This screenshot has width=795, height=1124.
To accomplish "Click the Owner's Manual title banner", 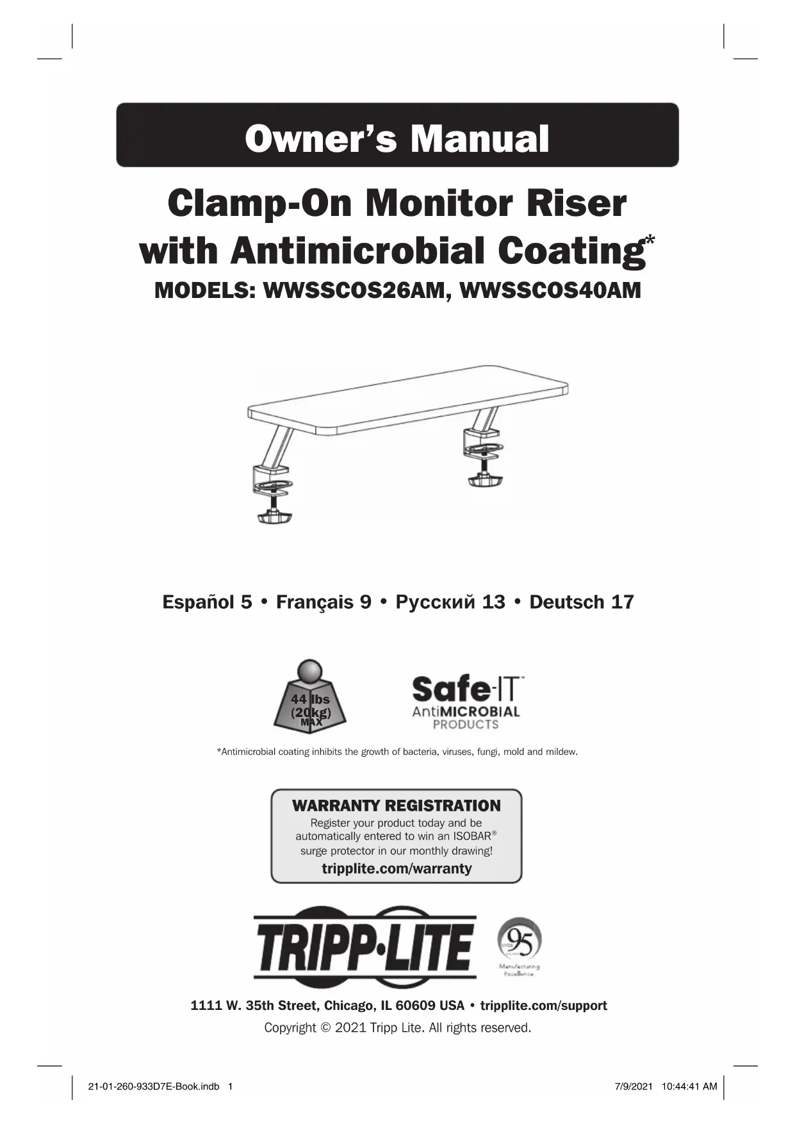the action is coord(397,136).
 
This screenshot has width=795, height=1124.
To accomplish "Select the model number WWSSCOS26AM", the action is coord(354,290).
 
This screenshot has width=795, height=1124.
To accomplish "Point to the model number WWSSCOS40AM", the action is coord(550,290).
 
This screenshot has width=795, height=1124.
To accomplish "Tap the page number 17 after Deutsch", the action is coord(622,602).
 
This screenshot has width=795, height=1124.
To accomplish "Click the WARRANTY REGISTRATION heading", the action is coord(397,806).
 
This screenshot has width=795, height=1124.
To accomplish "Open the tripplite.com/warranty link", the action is coord(397,868).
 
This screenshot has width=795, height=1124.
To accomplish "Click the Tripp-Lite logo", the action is coord(365,946).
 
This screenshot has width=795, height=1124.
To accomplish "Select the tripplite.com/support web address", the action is coord(543,1005).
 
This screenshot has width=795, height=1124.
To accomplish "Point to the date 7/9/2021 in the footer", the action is coord(634,1086).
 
